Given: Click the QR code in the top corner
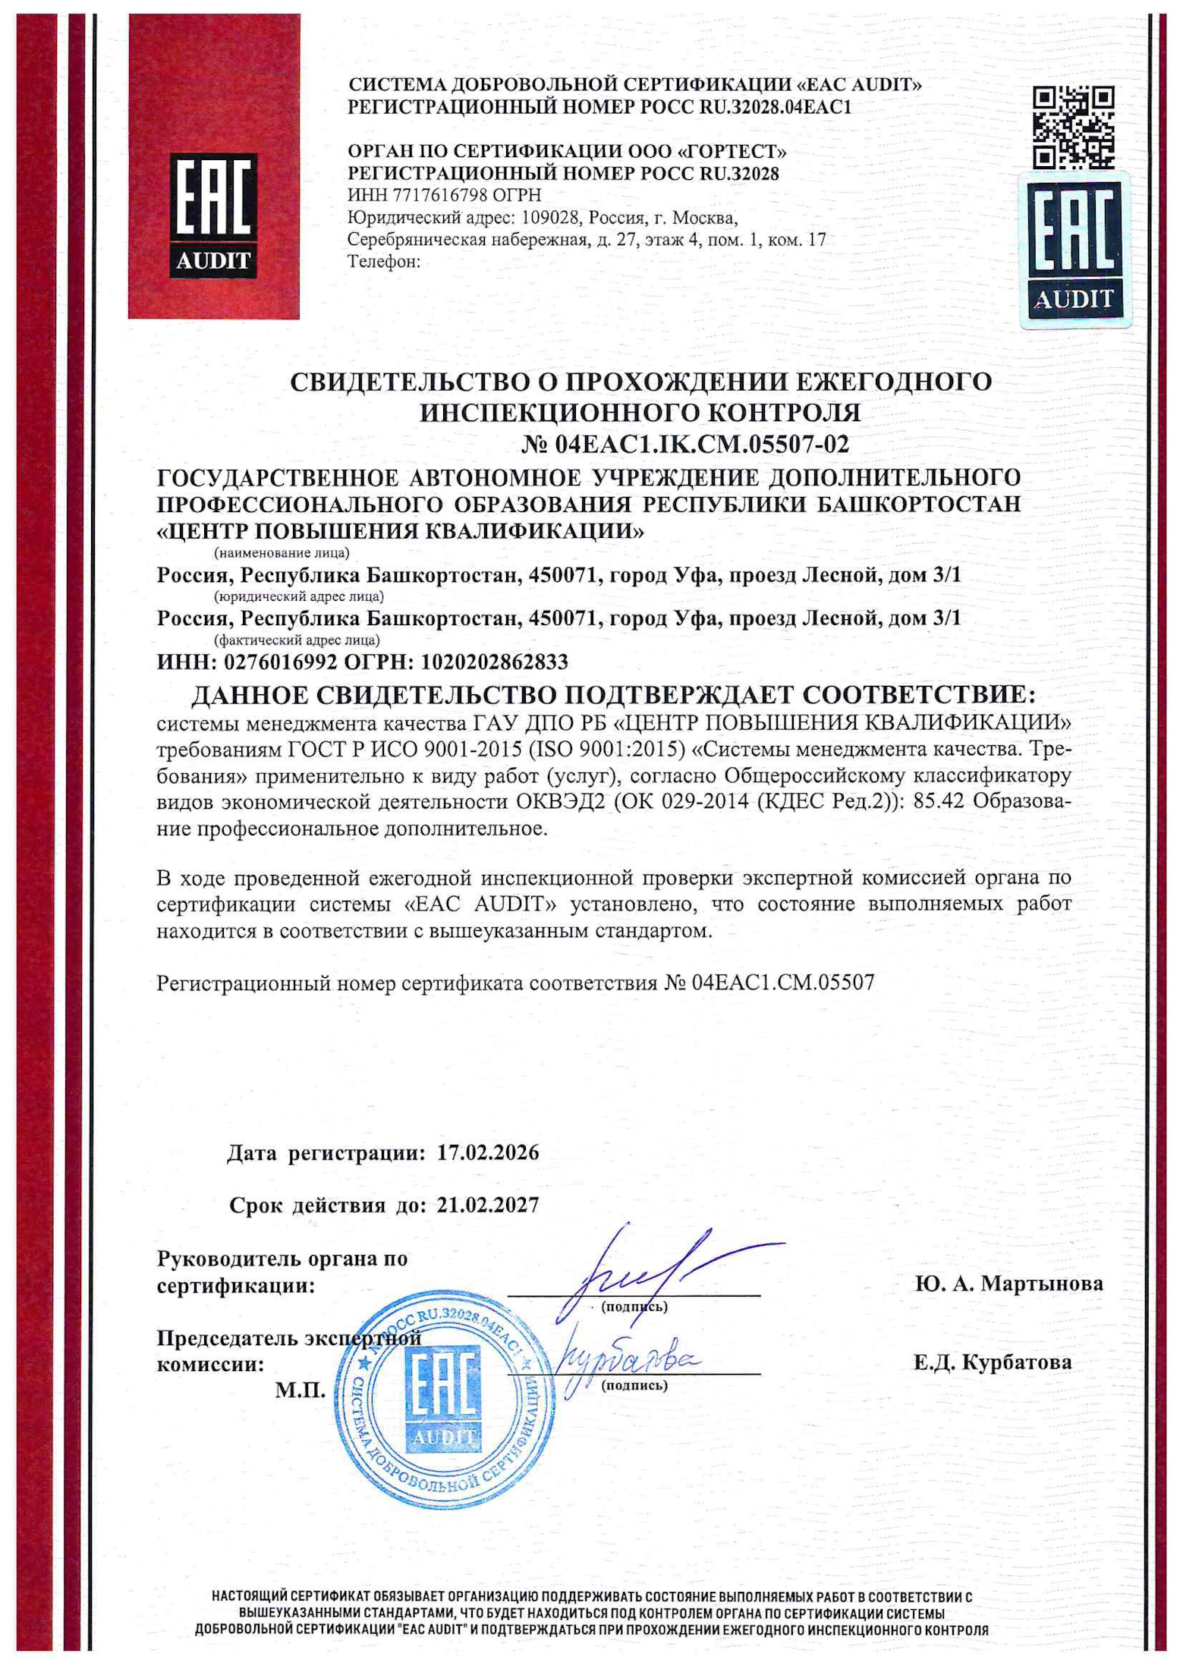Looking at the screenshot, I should coord(1074,127).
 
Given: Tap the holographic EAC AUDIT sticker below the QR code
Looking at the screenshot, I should coord(1074,250).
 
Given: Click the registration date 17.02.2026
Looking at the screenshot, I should coord(488,1153).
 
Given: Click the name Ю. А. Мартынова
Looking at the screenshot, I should coord(1008,1283).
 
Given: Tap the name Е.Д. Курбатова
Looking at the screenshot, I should coord(993,1362).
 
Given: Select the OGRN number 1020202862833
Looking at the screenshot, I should coord(494,662).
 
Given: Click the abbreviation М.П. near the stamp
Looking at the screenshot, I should coord(300,1390).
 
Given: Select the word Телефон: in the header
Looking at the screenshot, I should coord(383,262).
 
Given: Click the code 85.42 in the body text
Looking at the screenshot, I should coord(940,801).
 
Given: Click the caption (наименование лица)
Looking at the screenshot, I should coord(282,552).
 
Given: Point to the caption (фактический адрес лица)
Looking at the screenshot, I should coord(297,640).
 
